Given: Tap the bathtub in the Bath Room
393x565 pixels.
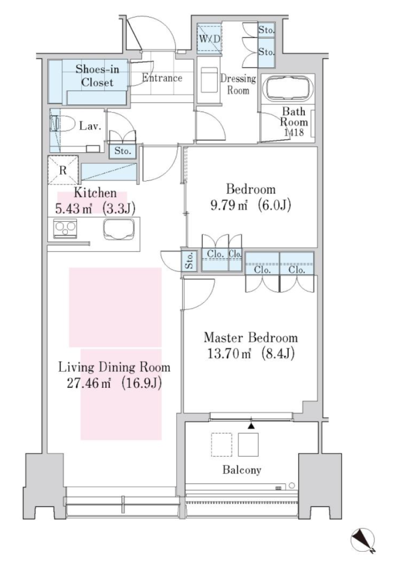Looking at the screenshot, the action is (289, 88).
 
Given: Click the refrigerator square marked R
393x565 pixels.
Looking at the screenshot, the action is (63, 170).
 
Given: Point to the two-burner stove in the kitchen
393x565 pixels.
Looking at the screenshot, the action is (65, 228).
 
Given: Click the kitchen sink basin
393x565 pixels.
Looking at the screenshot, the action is (120, 229).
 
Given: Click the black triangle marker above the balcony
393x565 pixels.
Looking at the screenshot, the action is (251, 426).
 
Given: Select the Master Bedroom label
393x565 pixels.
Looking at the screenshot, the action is (251, 338).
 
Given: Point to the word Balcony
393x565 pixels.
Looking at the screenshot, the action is (242, 470).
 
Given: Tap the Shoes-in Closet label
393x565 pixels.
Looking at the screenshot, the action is (97, 76).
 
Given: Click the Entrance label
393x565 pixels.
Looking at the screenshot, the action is (162, 78).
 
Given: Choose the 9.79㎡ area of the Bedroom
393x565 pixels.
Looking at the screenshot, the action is (229, 205).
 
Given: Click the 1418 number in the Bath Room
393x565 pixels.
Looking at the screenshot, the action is (294, 132).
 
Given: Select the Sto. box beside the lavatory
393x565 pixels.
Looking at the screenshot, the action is (123, 151).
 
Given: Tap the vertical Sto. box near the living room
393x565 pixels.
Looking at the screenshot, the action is (189, 260).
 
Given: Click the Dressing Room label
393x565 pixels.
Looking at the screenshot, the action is (238, 84).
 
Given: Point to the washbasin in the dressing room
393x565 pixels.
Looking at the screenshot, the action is (210, 81).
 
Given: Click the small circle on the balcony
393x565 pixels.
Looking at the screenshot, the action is (291, 486).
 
